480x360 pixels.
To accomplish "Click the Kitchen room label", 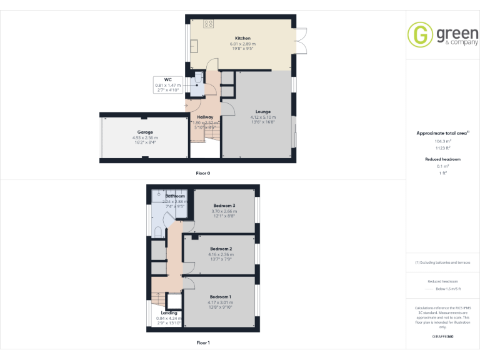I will tap(242, 38).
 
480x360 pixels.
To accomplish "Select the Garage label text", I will tap(145, 132).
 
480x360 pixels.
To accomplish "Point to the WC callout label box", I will tap(167, 84).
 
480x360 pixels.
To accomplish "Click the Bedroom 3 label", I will tap(224, 206).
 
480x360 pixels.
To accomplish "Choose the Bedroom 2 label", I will tap(221, 249).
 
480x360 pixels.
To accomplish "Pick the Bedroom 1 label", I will tap(220, 296).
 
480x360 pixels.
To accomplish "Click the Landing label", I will tap(169, 312).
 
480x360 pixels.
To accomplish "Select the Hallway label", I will tap(205, 117).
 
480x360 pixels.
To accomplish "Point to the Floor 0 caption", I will tap(203, 172).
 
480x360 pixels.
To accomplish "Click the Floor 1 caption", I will tap(203, 342).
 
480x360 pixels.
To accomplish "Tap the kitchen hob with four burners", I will tap(209, 24).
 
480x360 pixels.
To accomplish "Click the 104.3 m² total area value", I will tap(442, 142).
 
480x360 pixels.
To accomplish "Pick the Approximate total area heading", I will tap(442, 133).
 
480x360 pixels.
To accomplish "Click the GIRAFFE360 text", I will tap(442, 337).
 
